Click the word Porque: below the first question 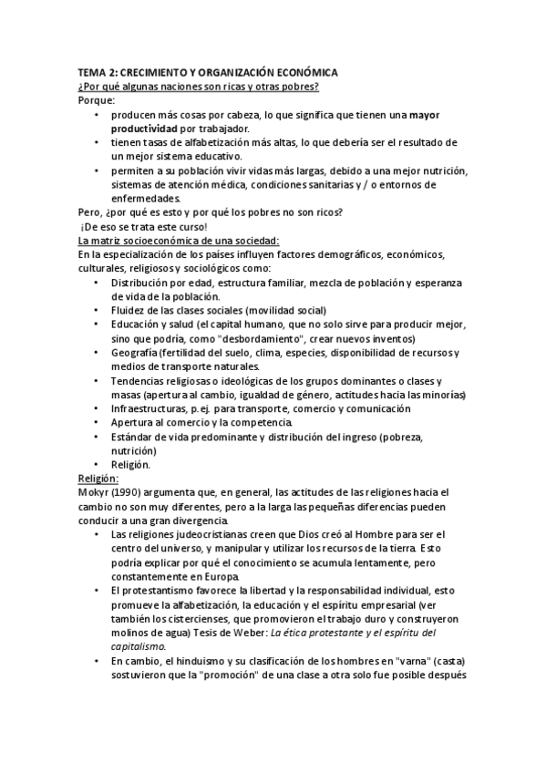(97, 101)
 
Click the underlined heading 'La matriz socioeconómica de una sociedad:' (173, 240)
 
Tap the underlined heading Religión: (99, 477)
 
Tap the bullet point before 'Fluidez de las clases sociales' (98, 311)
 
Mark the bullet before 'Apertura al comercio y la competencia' (98, 423)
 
